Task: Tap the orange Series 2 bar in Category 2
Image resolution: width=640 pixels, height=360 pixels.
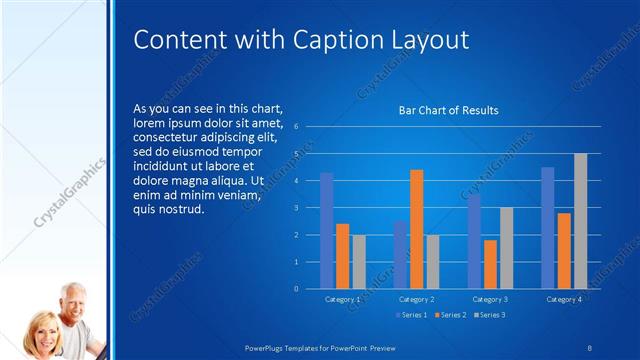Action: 416,229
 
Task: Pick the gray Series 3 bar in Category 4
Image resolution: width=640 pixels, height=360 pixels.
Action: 580,221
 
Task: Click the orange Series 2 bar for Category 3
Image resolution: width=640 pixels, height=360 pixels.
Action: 490,264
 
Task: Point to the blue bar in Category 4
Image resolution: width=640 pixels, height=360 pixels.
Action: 548,228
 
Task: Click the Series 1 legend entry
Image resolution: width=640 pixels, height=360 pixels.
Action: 413,315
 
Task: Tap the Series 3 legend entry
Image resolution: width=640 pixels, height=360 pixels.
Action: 491,315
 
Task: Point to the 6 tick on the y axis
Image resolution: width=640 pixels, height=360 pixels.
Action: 296,127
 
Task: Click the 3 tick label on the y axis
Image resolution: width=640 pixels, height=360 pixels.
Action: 296,208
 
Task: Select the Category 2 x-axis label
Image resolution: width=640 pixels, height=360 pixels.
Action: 416,299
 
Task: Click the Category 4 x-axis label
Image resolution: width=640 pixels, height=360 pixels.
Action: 564,299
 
